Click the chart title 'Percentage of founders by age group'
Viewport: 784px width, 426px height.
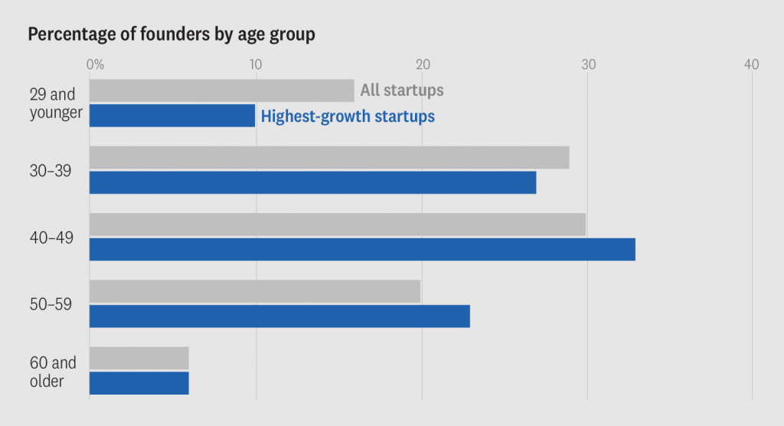(x=171, y=35)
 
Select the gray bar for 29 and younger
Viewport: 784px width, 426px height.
(x=221, y=90)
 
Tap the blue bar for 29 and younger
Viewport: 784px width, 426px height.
(x=172, y=116)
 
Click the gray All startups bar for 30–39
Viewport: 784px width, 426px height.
(x=329, y=157)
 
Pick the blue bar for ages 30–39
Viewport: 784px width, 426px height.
(x=312, y=182)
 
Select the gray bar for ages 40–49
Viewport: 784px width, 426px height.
(x=338, y=224)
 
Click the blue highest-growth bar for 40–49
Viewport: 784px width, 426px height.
(x=362, y=249)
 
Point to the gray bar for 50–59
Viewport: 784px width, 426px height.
(x=255, y=291)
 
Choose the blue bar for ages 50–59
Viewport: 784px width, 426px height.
(x=279, y=316)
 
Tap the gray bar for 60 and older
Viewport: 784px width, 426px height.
(x=139, y=358)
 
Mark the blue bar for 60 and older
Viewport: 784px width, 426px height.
(x=139, y=382)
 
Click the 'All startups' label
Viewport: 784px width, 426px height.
(x=402, y=90)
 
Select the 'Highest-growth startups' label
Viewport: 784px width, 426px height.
(x=348, y=116)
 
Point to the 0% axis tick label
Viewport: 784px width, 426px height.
(x=96, y=65)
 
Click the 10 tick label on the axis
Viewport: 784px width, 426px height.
(x=256, y=65)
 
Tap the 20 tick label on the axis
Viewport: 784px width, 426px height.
(x=421, y=65)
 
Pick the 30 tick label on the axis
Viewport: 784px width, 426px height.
(x=587, y=65)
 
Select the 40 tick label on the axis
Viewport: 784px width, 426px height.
(x=752, y=65)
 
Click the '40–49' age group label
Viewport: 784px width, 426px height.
(x=51, y=238)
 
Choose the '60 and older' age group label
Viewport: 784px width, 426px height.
(x=53, y=371)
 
